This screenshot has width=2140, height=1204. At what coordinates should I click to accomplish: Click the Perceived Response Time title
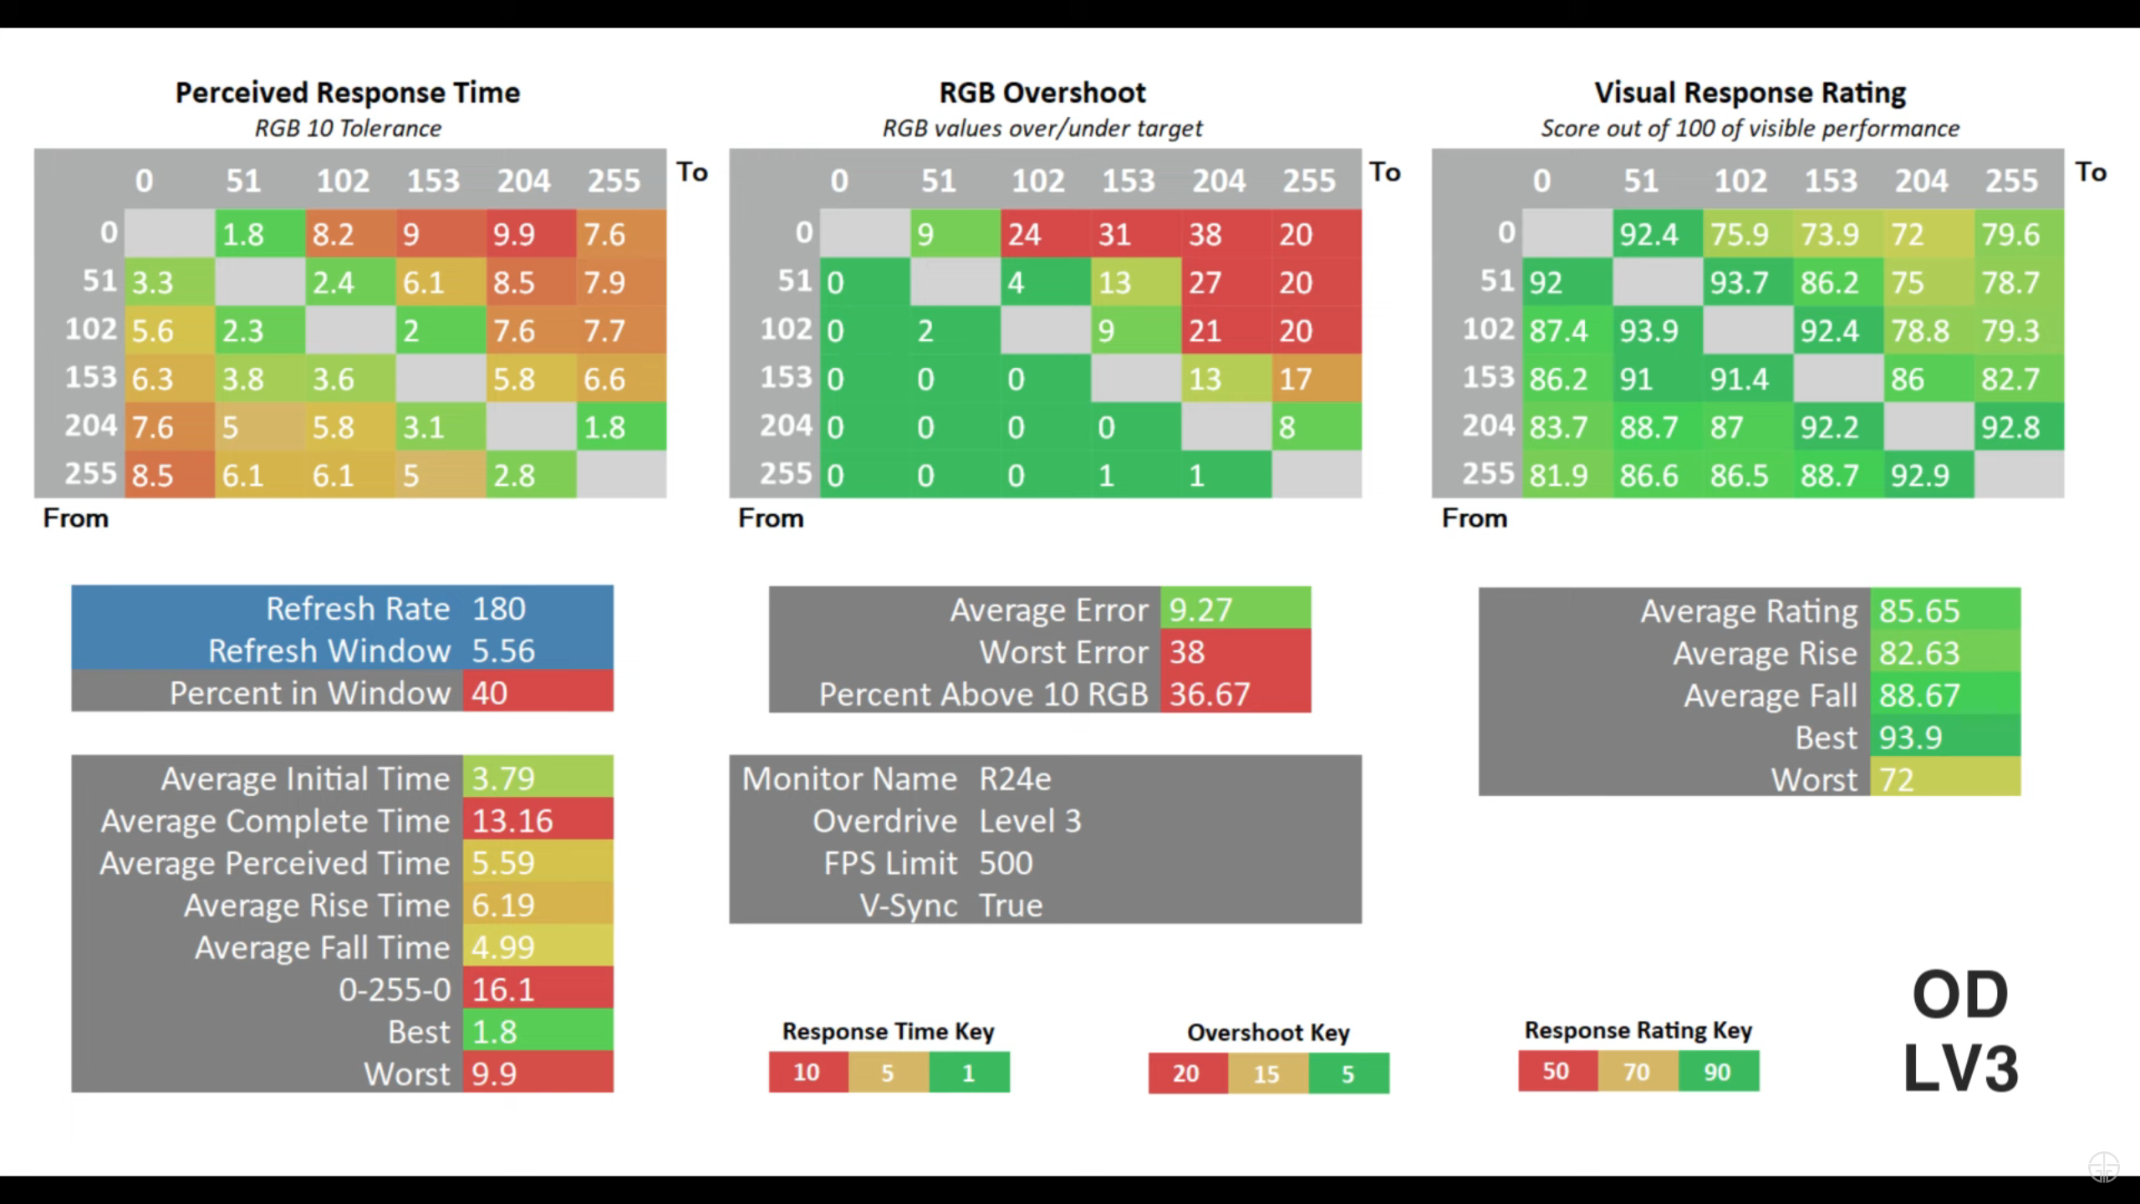(347, 93)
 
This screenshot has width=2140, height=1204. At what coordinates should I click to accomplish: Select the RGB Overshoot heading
(1042, 93)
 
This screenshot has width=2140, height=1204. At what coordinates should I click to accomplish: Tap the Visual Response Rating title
(1750, 93)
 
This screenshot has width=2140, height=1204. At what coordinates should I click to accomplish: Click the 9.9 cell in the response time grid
(530, 234)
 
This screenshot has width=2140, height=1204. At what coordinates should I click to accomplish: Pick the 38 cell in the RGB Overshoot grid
(1225, 234)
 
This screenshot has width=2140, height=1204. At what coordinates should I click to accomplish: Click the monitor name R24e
(1015, 779)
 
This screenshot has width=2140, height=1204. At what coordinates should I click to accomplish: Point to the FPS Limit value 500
(1006, 864)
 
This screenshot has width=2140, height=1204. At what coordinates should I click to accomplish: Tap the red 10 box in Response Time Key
(808, 1073)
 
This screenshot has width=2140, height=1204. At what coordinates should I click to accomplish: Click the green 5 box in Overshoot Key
(1348, 1074)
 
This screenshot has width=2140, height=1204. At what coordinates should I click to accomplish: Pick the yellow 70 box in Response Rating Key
(1637, 1072)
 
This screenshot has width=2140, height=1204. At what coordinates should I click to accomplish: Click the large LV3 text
(1960, 1069)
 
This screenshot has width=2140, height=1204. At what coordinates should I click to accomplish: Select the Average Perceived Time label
(274, 864)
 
